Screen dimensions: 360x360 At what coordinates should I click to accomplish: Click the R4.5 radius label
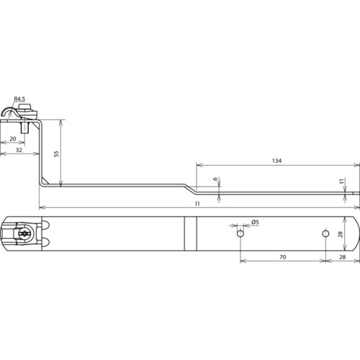click(x=19, y=99)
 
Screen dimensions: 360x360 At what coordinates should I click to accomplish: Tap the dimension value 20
click(x=13, y=139)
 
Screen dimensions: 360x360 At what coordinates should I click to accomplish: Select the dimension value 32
click(x=19, y=150)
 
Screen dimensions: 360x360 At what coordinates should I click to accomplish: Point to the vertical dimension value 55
click(x=57, y=154)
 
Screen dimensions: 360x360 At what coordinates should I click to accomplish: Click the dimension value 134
click(x=276, y=161)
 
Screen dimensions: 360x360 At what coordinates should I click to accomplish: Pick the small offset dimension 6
click(x=215, y=179)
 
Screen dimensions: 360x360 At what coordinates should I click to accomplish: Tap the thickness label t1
click(x=343, y=181)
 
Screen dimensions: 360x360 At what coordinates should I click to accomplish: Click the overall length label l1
click(x=197, y=204)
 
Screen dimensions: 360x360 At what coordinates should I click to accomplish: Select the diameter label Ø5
click(x=256, y=222)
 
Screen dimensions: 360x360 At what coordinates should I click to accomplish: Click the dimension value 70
click(x=283, y=257)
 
